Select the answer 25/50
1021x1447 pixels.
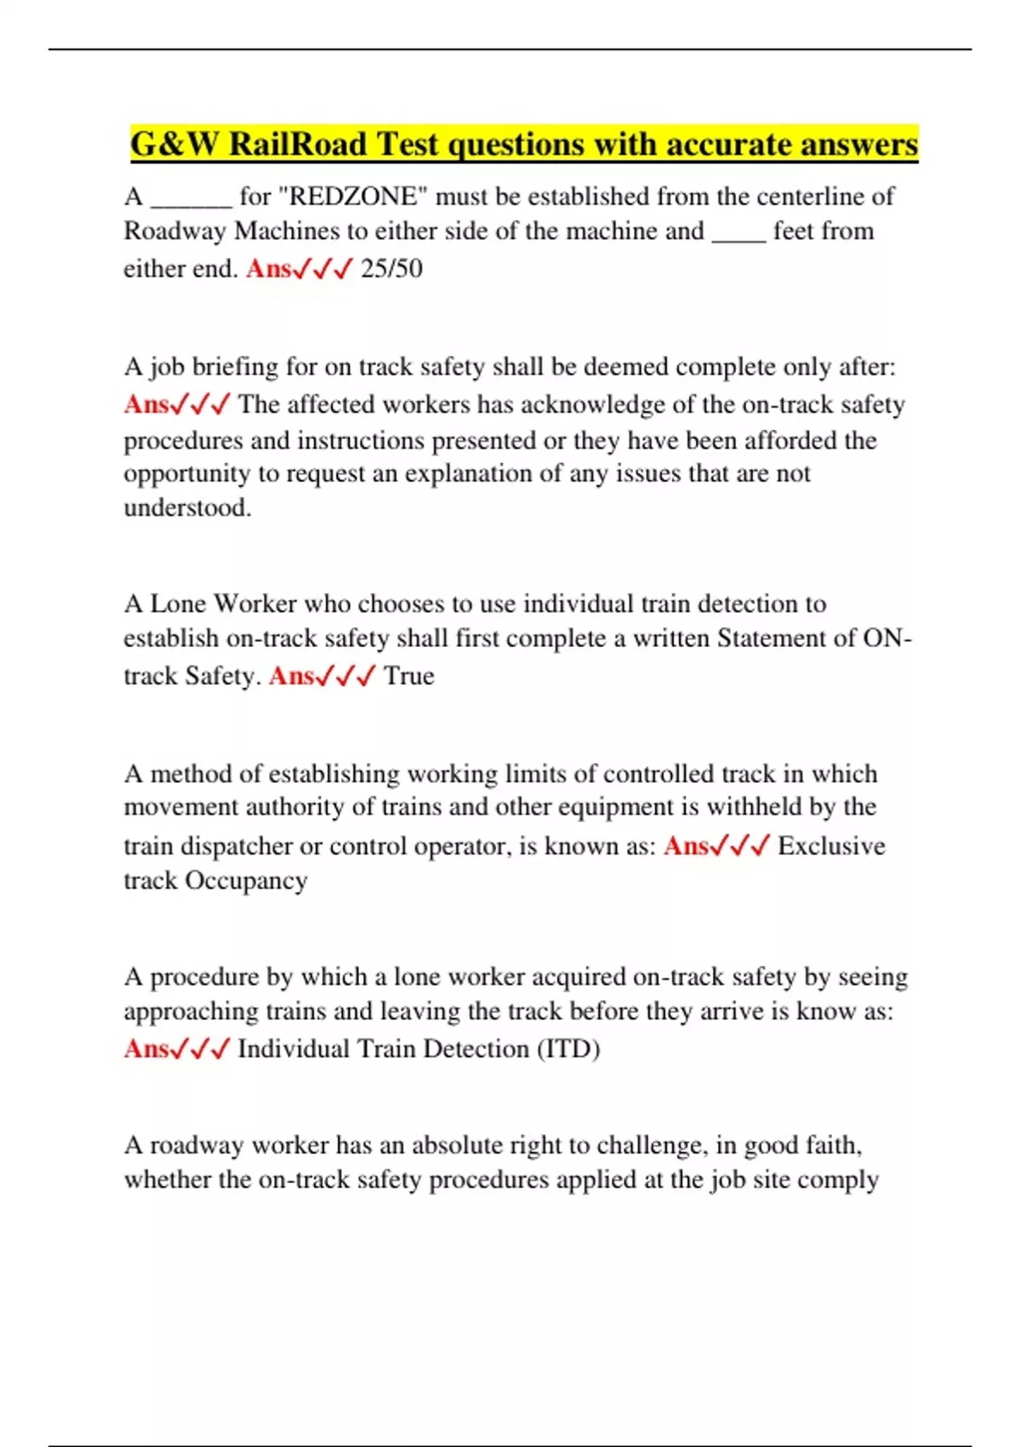click(x=391, y=269)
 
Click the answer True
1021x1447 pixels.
click(x=408, y=676)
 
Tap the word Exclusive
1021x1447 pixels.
click(x=831, y=846)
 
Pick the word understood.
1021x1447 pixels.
click(x=187, y=508)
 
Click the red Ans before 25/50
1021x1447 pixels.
click(x=269, y=269)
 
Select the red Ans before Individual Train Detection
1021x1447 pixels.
click(x=146, y=1049)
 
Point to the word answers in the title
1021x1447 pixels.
click(x=858, y=145)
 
